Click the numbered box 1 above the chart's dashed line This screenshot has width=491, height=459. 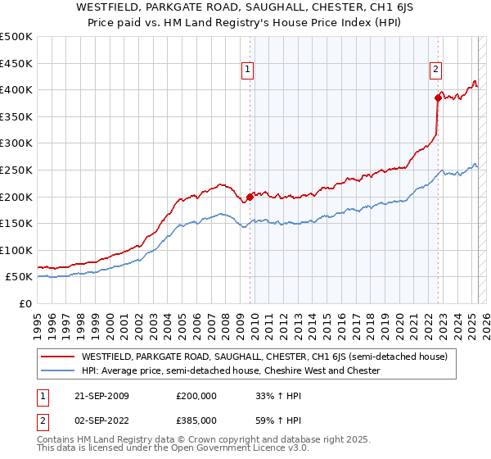click(x=247, y=70)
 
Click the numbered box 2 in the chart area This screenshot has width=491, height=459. click(x=435, y=70)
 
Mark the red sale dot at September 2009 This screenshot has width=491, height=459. click(x=250, y=197)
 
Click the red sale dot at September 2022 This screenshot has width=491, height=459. click(x=438, y=98)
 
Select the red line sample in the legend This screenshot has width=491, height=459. click(x=56, y=357)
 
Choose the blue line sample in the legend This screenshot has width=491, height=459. click(x=56, y=370)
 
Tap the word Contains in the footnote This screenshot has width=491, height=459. click(x=56, y=440)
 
